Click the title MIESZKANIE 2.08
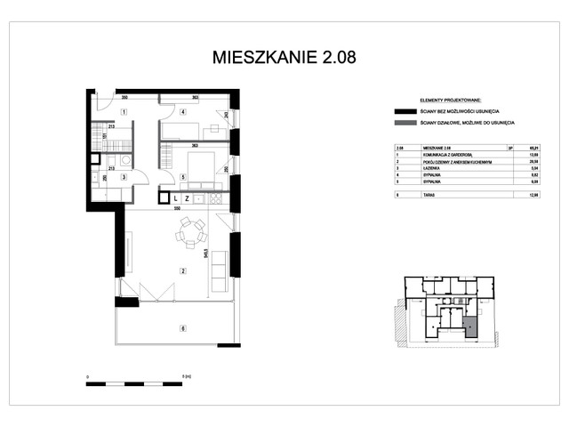pyautogui.click(x=284, y=58)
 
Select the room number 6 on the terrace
pyautogui.click(x=183, y=329)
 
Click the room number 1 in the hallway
pyautogui.click(x=124, y=110)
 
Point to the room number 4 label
pyautogui.click(x=181, y=112)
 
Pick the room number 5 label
pyautogui.click(x=181, y=176)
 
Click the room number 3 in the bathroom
pyautogui.click(x=124, y=177)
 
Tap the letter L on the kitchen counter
pyautogui.click(x=176, y=198)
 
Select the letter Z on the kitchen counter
pyautogui.click(x=188, y=198)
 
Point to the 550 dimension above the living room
pyautogui.click(x=177, y=208)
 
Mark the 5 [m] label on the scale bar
pyautogui.click(x=185, y=377)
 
